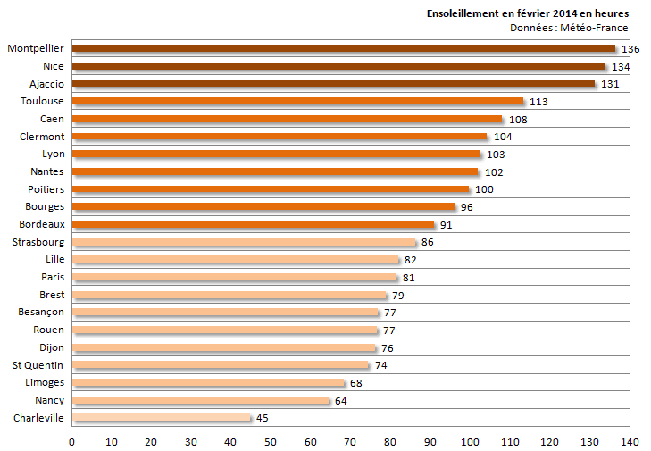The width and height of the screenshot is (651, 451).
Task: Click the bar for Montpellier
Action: [x=343, y=48]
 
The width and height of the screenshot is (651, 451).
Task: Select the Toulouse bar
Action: [x=297, y=101]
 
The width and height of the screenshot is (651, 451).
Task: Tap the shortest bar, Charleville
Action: [x=162, y=417]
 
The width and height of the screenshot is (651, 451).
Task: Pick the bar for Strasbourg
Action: [x=244, y=242]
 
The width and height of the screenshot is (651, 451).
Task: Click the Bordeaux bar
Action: [x=253, y=224]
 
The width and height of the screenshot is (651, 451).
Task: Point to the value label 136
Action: [x=630, y=49]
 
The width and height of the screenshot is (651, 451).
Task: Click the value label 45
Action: [x=262, y=418]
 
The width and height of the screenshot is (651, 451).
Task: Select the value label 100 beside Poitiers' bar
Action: [x=484, y=189]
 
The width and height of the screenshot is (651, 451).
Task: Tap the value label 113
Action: [x=538, y=102]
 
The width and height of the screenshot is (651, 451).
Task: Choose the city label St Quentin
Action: [x=38, y=364]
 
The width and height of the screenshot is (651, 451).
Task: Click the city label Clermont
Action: [x=42, y=136]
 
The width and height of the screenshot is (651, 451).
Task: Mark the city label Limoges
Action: [x=44, y=382]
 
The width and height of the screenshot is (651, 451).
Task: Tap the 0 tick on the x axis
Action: [x=71, y=441]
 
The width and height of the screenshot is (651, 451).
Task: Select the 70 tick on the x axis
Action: [x=350, y=441]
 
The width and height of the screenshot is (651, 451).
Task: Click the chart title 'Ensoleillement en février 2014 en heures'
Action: [x=527, y=13]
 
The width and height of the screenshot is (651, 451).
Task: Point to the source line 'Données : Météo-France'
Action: [x=569, y=28]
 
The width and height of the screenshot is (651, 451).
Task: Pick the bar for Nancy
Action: [x=200, y=400]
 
